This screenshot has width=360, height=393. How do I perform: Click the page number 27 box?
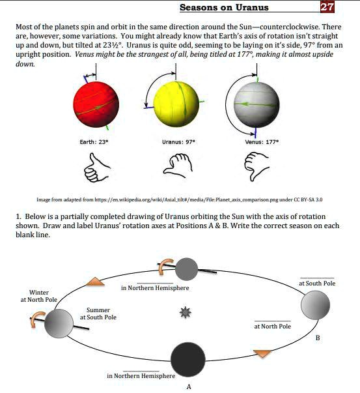coord(327,7)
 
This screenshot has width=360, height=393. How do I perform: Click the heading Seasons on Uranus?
coord(223,8)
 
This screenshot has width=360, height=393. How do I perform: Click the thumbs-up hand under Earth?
coord(96,167)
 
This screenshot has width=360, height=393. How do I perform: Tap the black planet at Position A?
coord(188,359)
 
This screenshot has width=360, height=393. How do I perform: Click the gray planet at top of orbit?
coord(187,268)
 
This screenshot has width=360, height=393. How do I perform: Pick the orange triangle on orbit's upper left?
coord(96,282)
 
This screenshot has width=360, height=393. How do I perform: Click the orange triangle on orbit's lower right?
coord(262,353)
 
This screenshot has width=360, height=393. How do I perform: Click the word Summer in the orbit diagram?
coord(98,310)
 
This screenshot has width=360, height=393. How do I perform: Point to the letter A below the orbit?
coord(188,386)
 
